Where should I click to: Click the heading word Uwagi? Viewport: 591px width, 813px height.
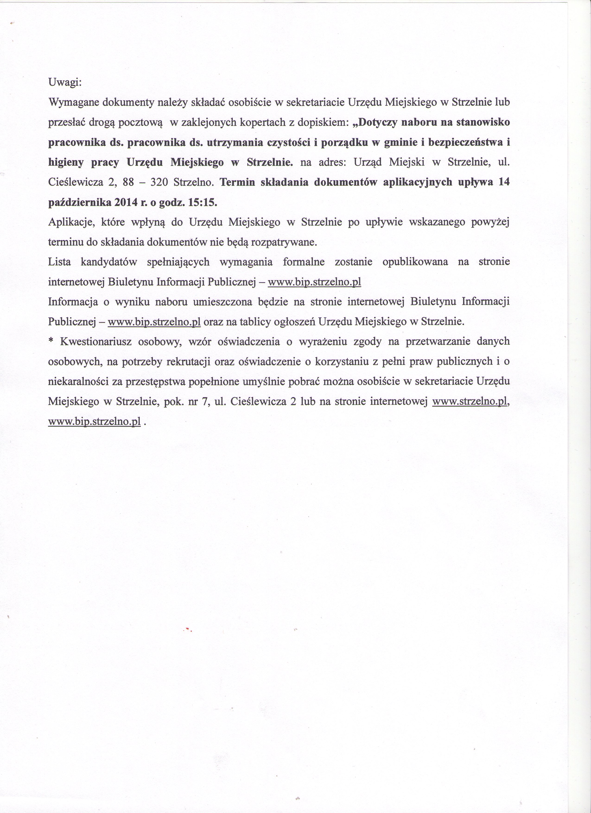tap(65, 83)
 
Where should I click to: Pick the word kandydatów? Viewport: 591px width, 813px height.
tap(109, 262)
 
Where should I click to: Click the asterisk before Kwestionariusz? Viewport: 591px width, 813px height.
tap(51, 342)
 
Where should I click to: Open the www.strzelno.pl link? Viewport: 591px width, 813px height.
tap(470, 402)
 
